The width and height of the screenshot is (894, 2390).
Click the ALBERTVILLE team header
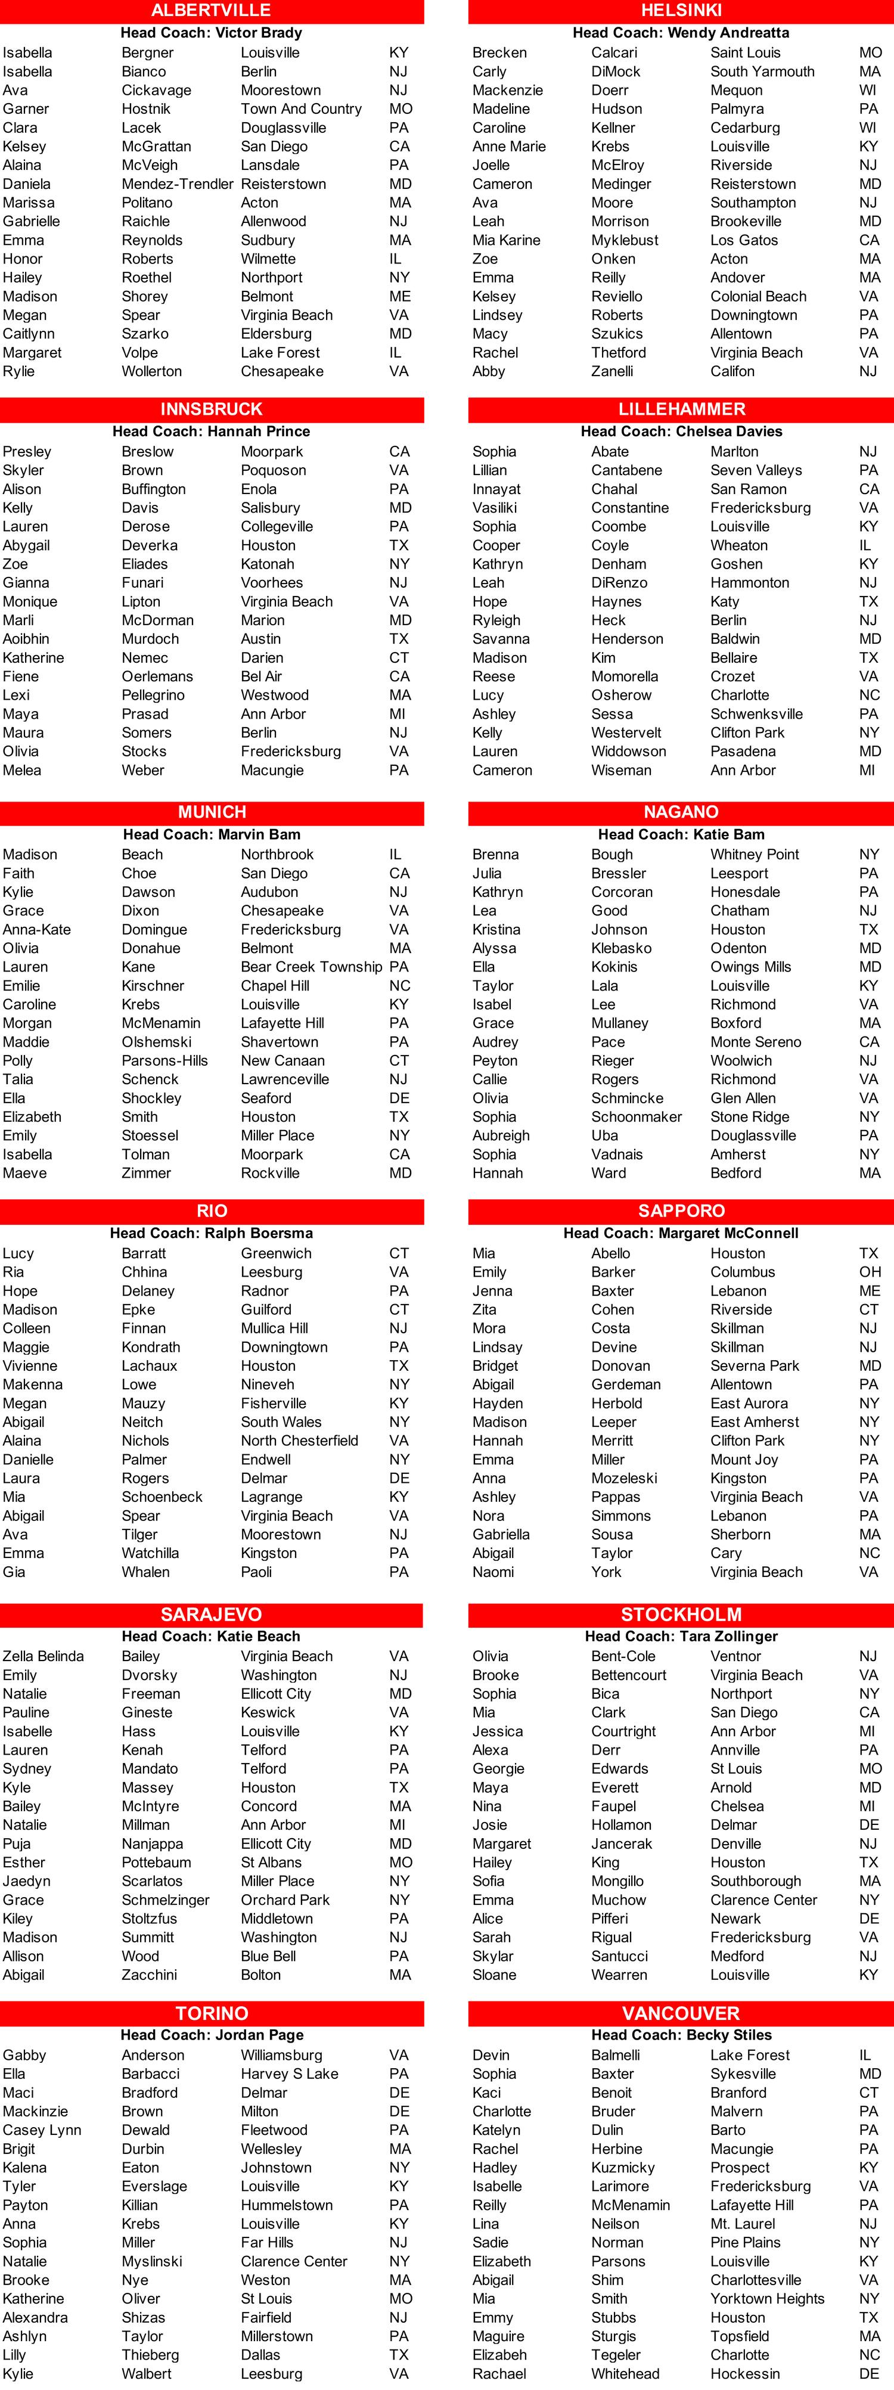point(212,10)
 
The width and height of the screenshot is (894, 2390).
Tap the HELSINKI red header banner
point(681,10)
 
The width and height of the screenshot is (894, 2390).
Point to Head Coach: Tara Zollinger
point(681,1637)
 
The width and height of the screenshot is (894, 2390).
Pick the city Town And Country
point(300,108)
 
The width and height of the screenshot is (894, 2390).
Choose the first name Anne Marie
point(508,147)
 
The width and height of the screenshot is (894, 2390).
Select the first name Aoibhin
point(26,640)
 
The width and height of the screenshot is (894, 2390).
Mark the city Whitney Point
point(754,855)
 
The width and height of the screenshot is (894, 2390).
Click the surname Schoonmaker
point(636,1117)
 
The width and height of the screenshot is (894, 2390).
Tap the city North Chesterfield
point(299,1441)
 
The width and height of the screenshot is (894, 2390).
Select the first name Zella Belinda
point(43,1656)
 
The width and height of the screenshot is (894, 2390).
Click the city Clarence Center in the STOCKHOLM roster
point(763,1900)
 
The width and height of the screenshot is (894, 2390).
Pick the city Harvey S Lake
point(289,2074)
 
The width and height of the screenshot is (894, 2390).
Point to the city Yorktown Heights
point(767,2298)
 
